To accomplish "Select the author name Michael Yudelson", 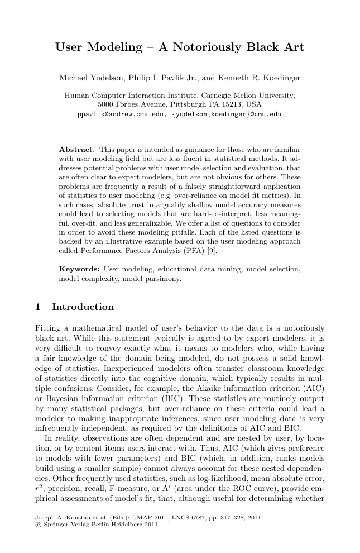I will pyautogui.click(x=87, y=77).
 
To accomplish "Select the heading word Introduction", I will pyautogui.click(x=83, y=307).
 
